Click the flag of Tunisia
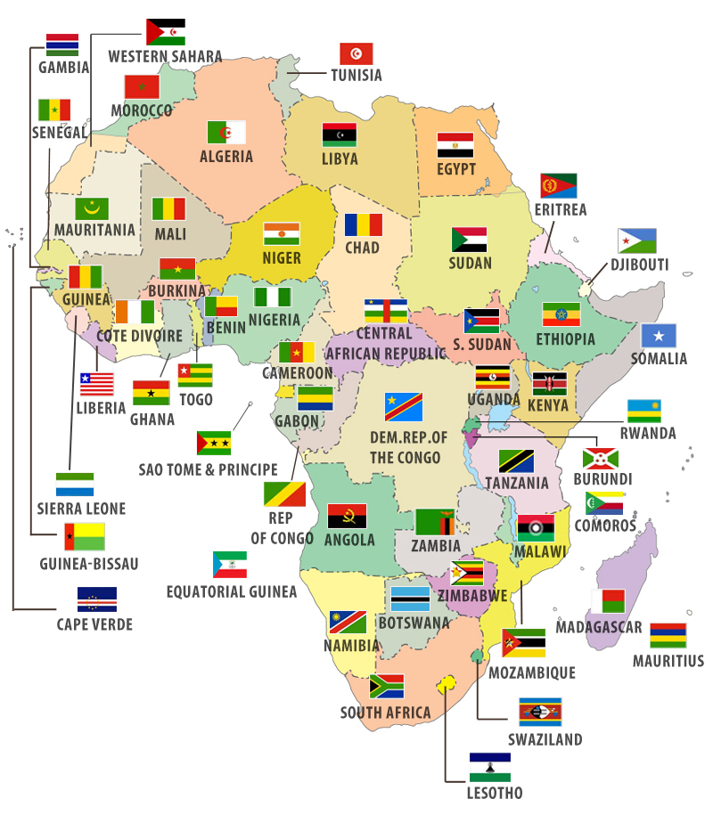coord(356,53)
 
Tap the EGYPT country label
coord(455,169)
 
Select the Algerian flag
coord(226,133)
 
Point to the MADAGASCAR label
coord(599,627)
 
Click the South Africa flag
coord(387,686)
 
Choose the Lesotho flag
coord(490,767)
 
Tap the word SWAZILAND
coord(545,739)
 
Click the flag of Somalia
coord(659,336)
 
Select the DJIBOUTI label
coord(638,265)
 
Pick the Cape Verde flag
coord(97,599)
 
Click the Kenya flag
coord(549,384)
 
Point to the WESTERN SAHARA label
coord(165,56)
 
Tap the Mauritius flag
coord(668,636)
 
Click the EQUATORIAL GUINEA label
coord(232,591)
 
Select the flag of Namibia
coord(348,622)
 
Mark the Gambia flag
coord(62,45)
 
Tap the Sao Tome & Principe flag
coord(214,443)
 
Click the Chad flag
coord(364,224)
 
